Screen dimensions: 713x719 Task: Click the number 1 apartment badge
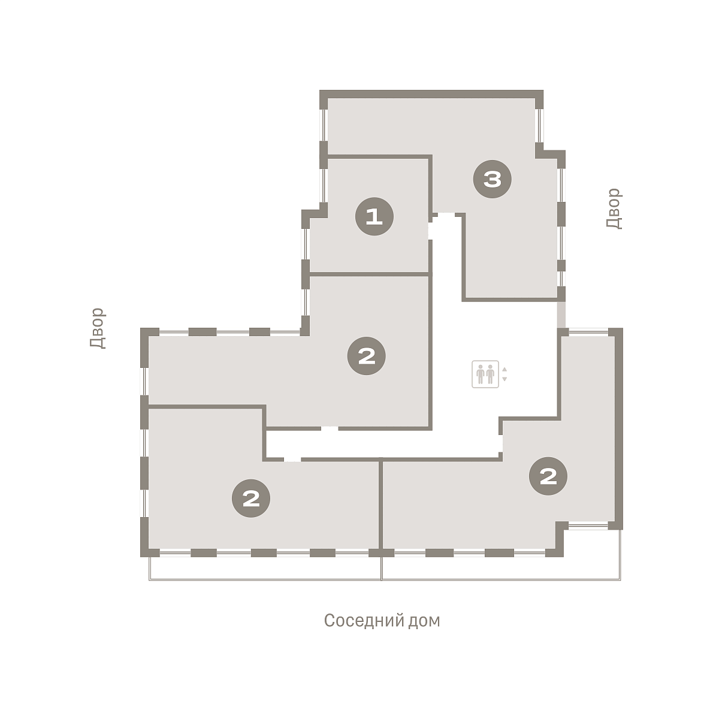tap(374, 216)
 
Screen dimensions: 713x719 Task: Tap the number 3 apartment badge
tap(492, 179)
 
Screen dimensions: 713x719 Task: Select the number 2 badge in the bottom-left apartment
tap(250, 498)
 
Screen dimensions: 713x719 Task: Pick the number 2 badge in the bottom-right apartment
tap(548, 476)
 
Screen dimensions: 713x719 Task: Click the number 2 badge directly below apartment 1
tap(366, 355)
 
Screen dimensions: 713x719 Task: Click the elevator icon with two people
tap(485, 374)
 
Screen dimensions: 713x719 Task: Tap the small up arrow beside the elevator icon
tap(504, 369)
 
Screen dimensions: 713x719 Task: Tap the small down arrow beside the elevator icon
tap(504, 379)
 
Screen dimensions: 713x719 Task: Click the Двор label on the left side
tap(98, 328)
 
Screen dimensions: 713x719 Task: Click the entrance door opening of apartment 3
tap(446, 215)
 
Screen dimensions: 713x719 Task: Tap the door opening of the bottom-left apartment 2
tap(292, 460)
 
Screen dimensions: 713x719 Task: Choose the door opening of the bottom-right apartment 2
tap(500, 443)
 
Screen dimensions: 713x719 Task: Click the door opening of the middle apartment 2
tap(330, 428)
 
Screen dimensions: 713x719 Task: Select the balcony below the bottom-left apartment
tap(264, 568)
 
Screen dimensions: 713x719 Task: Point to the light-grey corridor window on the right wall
tap(561, 314)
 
